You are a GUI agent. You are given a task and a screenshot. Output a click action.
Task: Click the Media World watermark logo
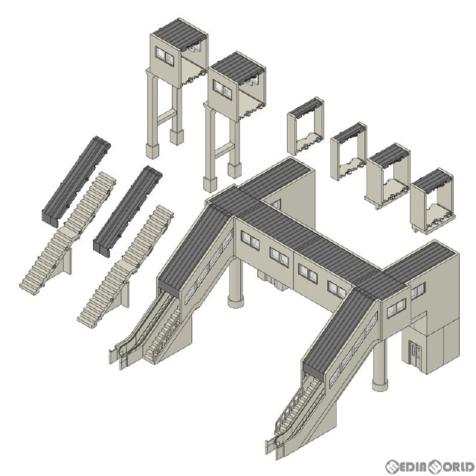[x=430, y=467]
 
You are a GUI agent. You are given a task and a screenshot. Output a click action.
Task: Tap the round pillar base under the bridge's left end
[x=235, y=302]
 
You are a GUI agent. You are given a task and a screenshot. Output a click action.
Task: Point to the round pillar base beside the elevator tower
[x=380, y=385]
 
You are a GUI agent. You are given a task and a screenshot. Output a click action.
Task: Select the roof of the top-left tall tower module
[x=180, y=33]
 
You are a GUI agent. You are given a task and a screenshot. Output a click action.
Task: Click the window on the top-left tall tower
[x=164, y=57]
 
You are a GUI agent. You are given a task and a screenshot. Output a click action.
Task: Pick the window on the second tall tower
[x=222, y=89]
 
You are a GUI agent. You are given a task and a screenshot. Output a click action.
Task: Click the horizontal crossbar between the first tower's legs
[x=167, y=117]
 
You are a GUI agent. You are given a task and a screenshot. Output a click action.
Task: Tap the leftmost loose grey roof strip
[x=76, y=181]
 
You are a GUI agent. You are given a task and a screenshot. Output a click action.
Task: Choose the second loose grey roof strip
[x=127, y=211]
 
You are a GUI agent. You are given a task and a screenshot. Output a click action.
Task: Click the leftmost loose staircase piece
[x=68, y=233]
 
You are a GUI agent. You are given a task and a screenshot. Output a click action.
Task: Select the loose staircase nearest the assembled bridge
[x=125, y=266]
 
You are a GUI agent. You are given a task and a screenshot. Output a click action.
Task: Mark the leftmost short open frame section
[x=306, y=126]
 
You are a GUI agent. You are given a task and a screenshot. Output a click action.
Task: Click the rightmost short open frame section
[x=431, y=201]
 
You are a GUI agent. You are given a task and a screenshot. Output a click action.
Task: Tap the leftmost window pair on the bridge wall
[x=250, y=240]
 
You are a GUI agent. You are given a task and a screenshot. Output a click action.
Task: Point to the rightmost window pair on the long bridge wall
[x=337, y=289]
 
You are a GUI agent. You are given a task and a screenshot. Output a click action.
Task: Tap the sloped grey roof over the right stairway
[x=338, y=334]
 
